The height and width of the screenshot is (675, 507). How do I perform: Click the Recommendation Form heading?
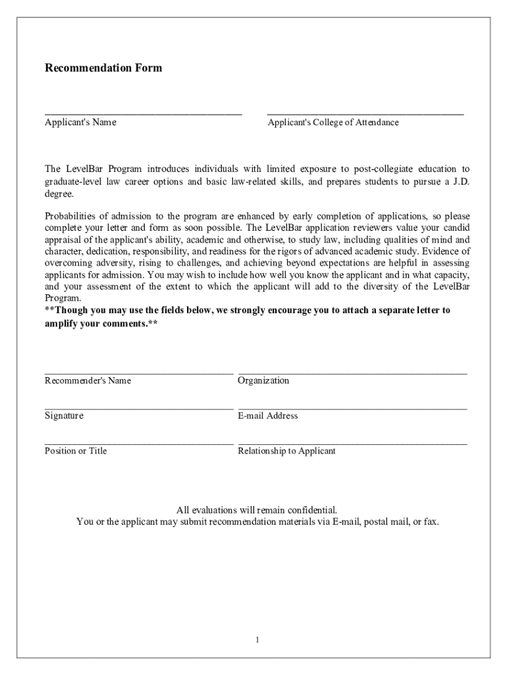point(103,68)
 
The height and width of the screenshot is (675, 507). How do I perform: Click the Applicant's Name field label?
point(80,122)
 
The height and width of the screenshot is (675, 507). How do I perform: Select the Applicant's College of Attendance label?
point(333,122)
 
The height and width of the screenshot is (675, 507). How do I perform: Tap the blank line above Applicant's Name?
point(143,114)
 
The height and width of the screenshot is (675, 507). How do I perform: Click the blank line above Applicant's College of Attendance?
point(365,114)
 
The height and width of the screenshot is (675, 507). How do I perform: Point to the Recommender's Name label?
point(88,380)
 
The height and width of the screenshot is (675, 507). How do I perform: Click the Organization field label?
point(263,380)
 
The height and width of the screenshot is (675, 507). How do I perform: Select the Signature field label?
point(64,416)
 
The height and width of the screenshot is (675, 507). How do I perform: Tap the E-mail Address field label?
point(267,416)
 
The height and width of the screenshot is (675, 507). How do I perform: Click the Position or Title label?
point(76,451)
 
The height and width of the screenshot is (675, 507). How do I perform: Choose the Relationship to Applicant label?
point(286,451)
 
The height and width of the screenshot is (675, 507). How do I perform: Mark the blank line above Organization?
point(352,373)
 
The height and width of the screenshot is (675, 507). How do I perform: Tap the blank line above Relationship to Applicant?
point(352,444)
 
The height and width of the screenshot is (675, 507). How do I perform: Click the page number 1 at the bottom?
point(258,640)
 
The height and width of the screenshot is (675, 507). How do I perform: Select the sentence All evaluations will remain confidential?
point(257,510)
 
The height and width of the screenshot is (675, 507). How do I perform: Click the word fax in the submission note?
point(430,521)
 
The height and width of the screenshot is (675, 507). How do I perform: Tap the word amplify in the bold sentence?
point(61,324)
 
